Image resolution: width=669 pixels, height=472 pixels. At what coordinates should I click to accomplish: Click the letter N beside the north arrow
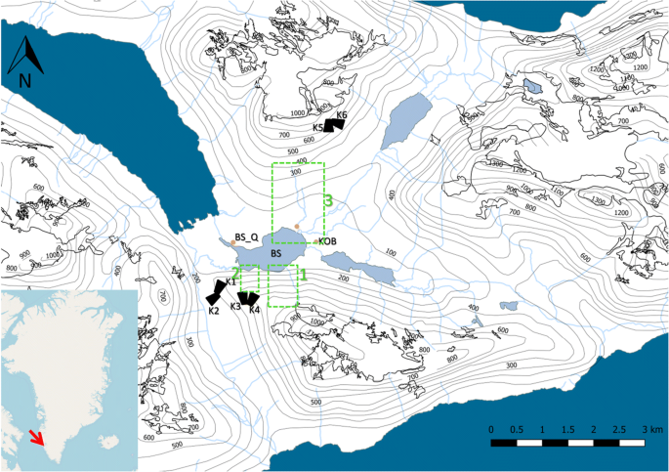point(26,78)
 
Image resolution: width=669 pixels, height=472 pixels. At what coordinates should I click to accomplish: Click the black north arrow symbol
point(24,57)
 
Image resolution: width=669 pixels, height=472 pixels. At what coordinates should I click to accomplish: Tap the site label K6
point(341,116)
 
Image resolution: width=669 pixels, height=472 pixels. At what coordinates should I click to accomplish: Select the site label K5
point(318,128)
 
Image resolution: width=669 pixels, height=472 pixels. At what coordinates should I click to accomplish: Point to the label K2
point(213,311)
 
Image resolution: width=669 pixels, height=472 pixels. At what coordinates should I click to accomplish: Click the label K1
point(230,281)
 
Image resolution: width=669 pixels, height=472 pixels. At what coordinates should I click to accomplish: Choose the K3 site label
point(235,307)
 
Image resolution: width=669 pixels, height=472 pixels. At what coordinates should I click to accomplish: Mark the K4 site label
point(254,311)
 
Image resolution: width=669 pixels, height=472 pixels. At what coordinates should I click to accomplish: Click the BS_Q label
point(246,236)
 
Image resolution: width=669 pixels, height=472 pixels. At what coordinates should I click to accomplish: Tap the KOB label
point(327,241)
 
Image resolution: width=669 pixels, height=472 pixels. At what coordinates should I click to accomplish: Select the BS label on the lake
point(276,254)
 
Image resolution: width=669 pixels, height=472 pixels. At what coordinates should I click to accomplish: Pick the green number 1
point(304,275)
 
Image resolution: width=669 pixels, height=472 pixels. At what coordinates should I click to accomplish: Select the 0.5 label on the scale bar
point(516,430)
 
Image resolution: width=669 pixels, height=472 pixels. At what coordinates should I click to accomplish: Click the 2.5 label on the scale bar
point(619,430)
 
